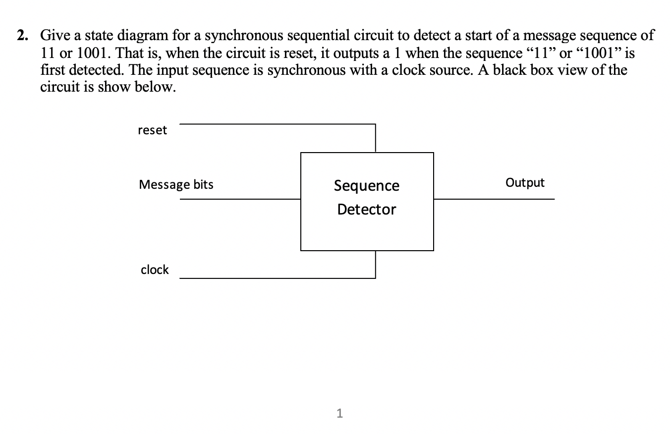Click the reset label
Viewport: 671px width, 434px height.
tap(152, 130)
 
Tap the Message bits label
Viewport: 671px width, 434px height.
tap(176, 185)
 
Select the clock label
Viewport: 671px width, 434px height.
tap(155, 270)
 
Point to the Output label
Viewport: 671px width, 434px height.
tap(525, 183)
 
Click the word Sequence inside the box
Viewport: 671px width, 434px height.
tap(367, 186)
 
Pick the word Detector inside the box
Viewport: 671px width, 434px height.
tap(367, 210)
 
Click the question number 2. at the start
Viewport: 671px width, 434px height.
tap(22, 36)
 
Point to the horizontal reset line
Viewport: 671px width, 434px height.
tap(278, 124)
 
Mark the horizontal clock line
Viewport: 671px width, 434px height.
tap(278, 278)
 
